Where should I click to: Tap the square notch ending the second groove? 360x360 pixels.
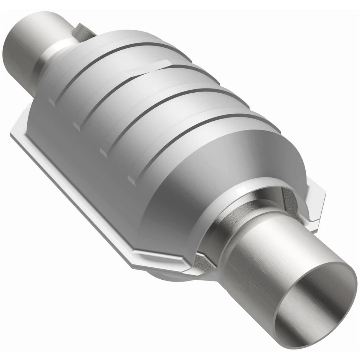[x=77, y=126]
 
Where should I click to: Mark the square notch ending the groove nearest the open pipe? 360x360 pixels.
[x=131, y=180]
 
